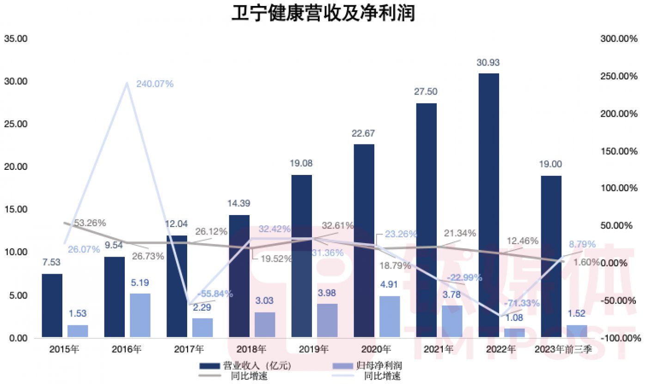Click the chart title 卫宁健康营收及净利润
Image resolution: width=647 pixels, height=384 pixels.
tap(323, 14)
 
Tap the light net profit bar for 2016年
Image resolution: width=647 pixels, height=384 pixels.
tap(140, 315)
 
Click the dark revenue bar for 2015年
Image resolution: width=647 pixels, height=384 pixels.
tap(52, 306)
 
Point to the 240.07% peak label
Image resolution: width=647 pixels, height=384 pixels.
tap(155, 84)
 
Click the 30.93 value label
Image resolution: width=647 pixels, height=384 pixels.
tap(488, 63)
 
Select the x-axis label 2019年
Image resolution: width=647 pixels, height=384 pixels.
tap(316, 349)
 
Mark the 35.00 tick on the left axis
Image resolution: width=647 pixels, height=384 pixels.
tap(16, 39)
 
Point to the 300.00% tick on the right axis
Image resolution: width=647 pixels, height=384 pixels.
tap(617, 39)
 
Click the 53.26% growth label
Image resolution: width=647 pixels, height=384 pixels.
tap(90, 223)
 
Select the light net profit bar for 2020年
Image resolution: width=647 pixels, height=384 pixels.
tap(389, 317)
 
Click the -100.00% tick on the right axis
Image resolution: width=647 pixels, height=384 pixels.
tap(617, 338)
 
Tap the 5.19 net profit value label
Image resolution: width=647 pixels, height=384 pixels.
tap(140, 283)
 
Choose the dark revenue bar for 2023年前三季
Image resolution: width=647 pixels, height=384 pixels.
tap(551, 257)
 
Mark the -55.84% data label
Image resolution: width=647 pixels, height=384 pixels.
tap(214, 294)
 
